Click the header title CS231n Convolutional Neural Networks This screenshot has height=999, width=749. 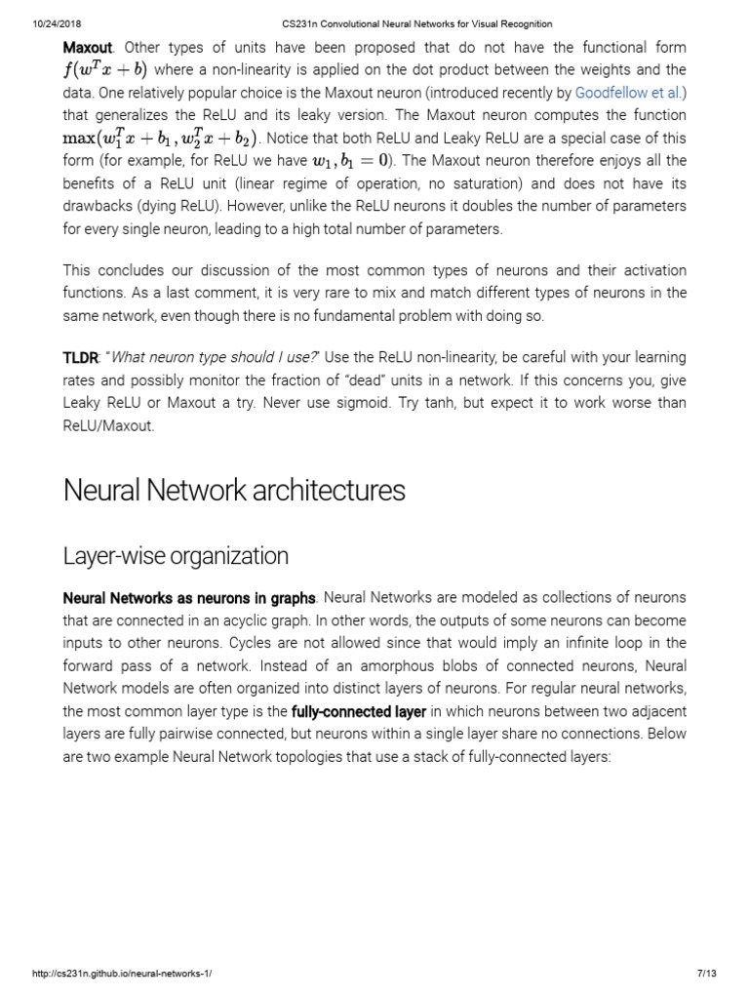[374, 23]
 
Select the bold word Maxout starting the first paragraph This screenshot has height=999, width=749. [86, 48]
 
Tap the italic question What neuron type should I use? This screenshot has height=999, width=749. [192, 359]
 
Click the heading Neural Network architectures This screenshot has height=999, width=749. [234, 490]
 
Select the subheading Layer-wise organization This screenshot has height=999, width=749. [176, 556]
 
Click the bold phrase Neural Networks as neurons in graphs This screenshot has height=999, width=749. [189, 597]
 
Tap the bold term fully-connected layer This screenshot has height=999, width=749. [359, 711]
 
